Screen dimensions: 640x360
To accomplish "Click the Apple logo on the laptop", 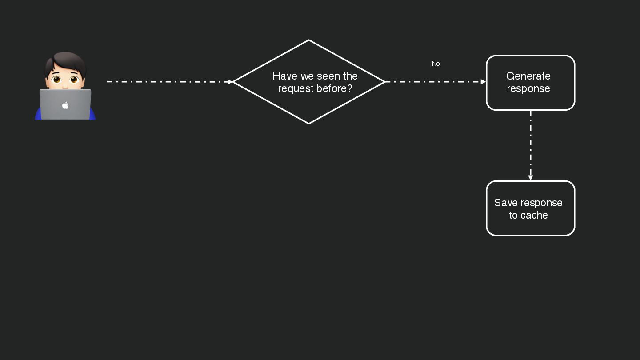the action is (65, 105).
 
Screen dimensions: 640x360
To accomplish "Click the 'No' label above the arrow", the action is (436, 64).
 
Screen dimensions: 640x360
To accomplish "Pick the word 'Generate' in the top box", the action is (528, 76).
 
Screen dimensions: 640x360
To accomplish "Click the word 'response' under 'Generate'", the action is (528, 88).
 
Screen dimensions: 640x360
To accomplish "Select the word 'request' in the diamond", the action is (295, 88).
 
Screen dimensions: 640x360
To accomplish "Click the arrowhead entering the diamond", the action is (229, 82).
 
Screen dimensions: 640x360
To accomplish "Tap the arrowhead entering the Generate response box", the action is (483, 82).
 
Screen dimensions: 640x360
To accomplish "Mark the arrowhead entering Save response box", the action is (530, 178).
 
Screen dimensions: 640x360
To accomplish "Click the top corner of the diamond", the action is (308, 40).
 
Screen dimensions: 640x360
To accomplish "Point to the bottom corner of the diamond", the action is (308, 123).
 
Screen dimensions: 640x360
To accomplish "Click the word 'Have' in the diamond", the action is (284, 76).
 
